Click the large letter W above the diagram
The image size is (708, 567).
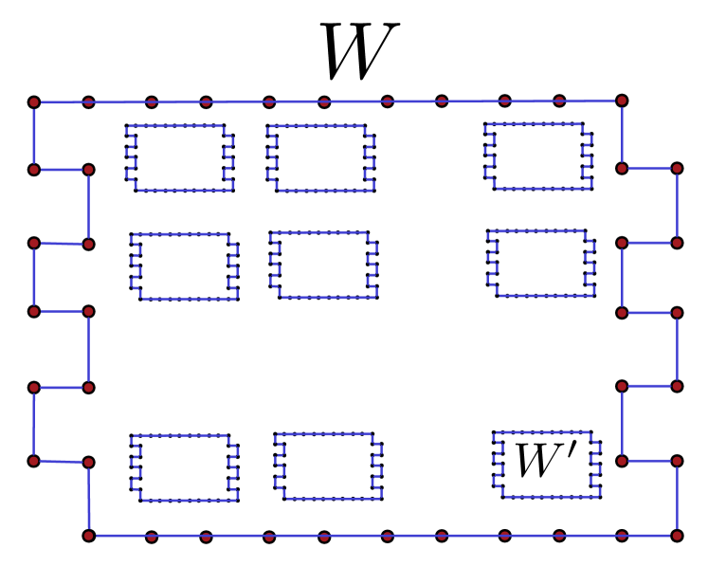point(359,51)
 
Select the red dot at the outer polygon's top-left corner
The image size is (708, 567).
point(33,101)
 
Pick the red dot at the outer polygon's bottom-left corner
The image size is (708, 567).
point(89,536)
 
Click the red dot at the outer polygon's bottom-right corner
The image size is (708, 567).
point(677,536)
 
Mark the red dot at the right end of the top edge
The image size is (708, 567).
point(622,100)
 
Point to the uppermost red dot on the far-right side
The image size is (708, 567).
point(677,168)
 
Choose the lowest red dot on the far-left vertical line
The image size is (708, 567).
point(33,462)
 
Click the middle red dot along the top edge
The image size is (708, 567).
point(324,101)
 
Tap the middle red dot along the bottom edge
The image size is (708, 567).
point(387,537)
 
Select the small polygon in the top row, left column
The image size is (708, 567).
point(180,157)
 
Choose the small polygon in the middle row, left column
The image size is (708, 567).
point(184,266)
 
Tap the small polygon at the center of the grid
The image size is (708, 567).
point(323,265)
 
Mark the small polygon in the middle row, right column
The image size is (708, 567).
point(541,263)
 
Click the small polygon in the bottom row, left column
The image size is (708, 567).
point(184,467)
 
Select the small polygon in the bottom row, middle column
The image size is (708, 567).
point(328,466)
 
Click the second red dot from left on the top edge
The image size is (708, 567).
point(88,101)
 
